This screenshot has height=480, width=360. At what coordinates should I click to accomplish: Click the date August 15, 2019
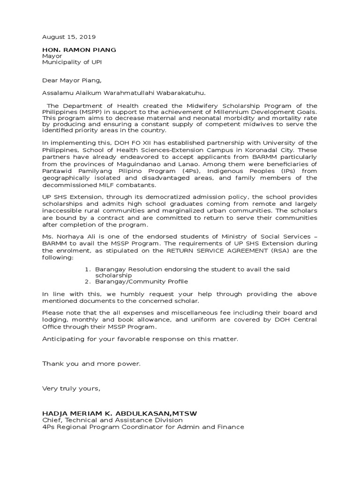click(x=68, y=37)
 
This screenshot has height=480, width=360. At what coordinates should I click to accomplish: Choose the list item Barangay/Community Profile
click(x=141, y=282)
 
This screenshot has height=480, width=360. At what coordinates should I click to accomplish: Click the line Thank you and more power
click(x=91, y=363)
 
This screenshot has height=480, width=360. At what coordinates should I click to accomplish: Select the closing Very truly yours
click(x=71, y=388)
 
